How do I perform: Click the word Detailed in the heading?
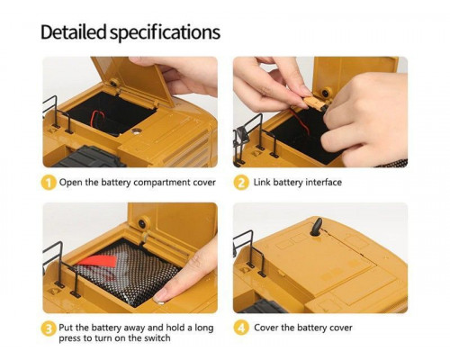point(74,32)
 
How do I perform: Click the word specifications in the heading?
point(165,33)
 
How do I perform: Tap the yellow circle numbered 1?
point(49,183)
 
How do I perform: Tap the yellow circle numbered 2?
point(241,183)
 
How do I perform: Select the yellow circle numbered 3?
point(49,329)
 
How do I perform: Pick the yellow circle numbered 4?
point(241,328)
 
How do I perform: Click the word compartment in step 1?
point(162,183)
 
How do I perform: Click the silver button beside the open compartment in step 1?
point(137,130)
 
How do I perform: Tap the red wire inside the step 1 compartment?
point(96,118)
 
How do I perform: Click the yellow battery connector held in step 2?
point(314,103)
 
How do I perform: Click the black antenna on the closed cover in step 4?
point(316,227)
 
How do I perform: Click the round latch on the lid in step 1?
point(114,83)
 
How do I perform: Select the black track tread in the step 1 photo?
point(90,157)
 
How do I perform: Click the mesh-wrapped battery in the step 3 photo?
point(126,274)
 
